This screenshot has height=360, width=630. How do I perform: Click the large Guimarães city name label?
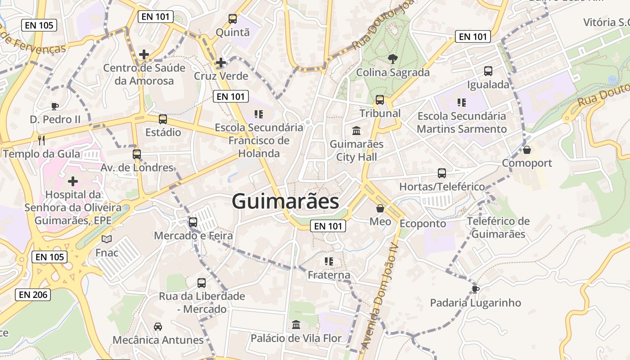(x=285, y=201)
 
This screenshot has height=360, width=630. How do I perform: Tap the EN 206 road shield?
(x=33, y=295)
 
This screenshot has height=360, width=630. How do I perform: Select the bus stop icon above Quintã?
(x=232, y=19)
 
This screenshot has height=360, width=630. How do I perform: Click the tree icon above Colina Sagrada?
(x=392, y=58)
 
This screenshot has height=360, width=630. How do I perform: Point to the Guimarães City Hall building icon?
(x=356, y=130)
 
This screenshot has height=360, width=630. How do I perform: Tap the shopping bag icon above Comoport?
(x=526, y=149)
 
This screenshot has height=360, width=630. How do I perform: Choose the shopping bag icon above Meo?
(x=380, y=208)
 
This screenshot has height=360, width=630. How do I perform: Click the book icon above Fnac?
(x=107, y=239)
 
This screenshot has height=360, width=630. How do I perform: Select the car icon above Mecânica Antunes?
(x=158, y=326)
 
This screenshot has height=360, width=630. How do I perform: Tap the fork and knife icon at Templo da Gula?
(x=42, y=140)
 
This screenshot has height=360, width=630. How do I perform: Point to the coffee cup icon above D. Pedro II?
(x=54, y=106)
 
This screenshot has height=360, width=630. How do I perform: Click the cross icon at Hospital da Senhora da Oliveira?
(x=72, y=181)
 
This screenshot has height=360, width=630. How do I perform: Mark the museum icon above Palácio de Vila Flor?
(x=296, y=324)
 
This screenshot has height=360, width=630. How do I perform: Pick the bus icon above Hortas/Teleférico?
(x=441, y=173)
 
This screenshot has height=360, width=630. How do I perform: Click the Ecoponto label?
(x=423, y=224)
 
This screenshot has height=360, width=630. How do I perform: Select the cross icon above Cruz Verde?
(x=220, y=63)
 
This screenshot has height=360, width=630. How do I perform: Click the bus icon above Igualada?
(x=488, y=71)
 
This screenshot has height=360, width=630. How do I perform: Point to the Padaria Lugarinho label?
(x=475, y=303)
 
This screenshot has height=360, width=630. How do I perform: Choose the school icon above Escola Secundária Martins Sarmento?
(x=461, y=103)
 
